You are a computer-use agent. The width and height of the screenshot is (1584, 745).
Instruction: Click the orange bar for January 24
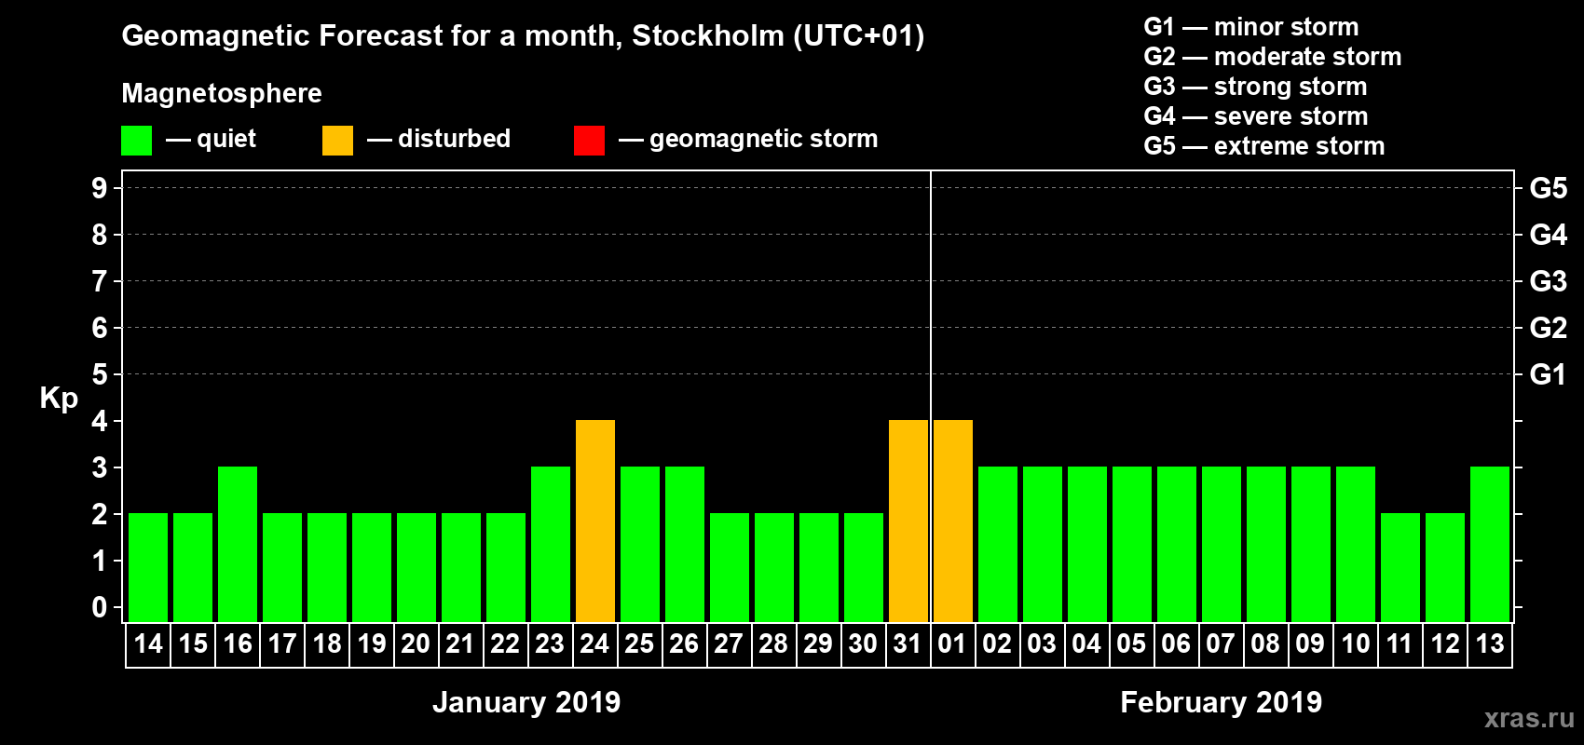[595, 521]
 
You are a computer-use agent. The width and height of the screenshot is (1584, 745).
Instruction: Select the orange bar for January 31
[908, 521]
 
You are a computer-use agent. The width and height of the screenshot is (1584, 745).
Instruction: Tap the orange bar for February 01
[953, 521]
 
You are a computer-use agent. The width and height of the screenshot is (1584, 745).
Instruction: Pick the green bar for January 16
[238, 544]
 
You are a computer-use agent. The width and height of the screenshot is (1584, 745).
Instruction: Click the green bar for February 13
[1490, 544]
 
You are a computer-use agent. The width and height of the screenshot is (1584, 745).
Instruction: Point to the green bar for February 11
[1400, 567]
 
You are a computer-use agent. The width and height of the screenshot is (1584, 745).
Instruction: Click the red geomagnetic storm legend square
[589, 141]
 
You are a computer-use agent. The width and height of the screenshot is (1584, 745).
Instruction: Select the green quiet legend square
[137, 141]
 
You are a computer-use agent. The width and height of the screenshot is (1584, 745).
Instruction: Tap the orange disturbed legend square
[337, 141]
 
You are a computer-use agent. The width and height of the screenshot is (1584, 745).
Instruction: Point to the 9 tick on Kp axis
[100, 188]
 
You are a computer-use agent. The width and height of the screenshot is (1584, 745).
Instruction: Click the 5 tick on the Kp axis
[100, 374]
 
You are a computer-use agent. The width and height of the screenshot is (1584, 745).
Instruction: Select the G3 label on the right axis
[1548, 281]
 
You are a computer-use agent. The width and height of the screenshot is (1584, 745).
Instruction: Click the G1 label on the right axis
[1548, 374]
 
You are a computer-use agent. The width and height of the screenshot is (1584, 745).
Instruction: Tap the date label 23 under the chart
[550, 643]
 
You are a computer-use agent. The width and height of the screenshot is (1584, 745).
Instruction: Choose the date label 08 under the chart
[1265, 643]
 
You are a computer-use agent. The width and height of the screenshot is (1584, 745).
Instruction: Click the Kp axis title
[59, 399]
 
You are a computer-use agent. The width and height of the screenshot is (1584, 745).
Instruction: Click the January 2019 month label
[526, 702]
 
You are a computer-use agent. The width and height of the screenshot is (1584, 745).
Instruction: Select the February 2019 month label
[1221, 702]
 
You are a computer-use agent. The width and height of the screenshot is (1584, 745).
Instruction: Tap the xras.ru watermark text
[1529, 718]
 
